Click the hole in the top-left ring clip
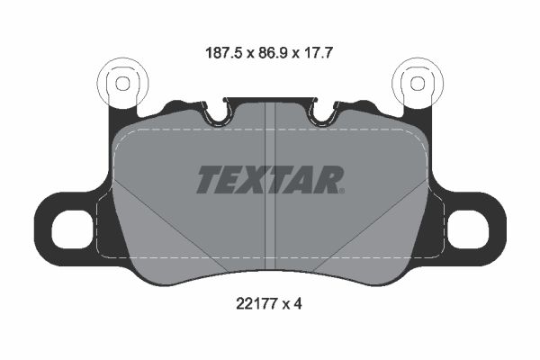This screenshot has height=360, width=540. [120, 83]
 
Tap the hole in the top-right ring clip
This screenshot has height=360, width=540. [418, 83]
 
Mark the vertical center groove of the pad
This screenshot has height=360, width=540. [270, 225]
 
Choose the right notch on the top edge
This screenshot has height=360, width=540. [319, 114]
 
